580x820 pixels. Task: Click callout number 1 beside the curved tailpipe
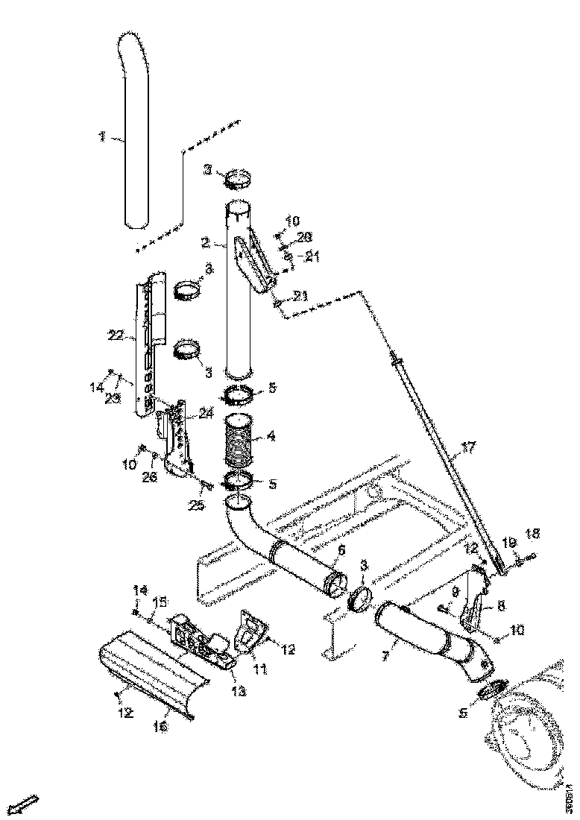click(101, 137)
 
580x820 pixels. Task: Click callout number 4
click(271, 438)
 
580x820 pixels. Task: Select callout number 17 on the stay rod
click(467, 448)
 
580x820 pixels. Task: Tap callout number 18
click(532, 534)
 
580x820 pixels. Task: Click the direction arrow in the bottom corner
click(27, 804)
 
